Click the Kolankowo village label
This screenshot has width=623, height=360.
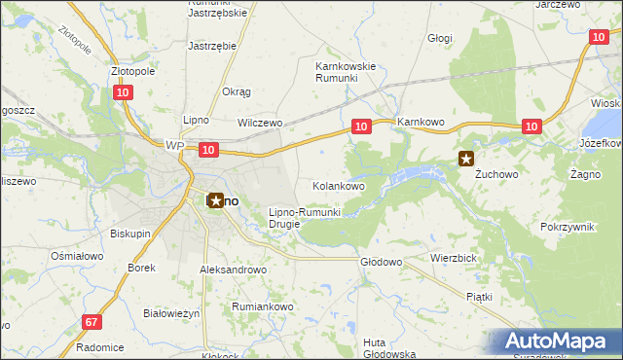338,185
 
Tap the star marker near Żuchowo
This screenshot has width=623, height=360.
467,160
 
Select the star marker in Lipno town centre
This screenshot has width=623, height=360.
215,200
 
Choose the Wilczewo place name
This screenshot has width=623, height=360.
260,124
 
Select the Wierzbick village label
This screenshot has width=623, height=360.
452,259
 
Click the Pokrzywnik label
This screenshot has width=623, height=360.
567,226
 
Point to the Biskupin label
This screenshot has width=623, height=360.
129,234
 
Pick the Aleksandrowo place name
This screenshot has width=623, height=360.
233,270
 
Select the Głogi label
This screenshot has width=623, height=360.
440,38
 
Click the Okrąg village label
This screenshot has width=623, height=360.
237,91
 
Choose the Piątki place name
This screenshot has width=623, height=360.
479,296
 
